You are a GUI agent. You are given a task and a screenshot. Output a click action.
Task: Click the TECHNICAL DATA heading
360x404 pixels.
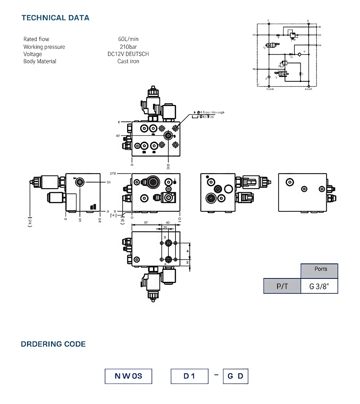[x=55, y=18]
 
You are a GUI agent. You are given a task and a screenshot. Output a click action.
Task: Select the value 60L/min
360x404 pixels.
[x=128, y=39]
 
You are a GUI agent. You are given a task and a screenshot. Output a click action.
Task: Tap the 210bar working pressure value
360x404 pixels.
[x=128, y=47]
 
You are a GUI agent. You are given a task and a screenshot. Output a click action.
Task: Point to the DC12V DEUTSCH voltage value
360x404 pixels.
[x=128, y=54]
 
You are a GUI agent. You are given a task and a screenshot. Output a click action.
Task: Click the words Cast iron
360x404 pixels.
[x=128, y=61]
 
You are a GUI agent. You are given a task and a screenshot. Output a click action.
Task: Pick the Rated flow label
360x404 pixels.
[x=36, y=39]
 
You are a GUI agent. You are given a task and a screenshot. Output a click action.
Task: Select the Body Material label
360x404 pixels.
[x=40, y=61]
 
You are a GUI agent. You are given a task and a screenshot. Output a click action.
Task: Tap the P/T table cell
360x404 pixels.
[x=282, y=286]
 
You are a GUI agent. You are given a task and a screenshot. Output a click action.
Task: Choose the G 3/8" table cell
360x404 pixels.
[x=319, y=286]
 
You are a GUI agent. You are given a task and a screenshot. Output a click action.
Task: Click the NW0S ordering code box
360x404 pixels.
[x=128, y=376]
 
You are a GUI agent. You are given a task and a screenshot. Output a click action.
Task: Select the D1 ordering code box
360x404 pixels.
[x=189, y=376]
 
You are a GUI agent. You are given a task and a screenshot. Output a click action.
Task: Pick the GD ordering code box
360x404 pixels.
[x=235, y=376]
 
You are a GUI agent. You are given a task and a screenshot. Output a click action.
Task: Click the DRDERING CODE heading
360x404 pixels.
[x=53, y=344]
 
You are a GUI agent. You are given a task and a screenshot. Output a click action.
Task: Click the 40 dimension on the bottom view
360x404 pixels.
[x=168, y=223]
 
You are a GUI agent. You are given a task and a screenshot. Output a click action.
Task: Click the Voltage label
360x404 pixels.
[x=33, y=54]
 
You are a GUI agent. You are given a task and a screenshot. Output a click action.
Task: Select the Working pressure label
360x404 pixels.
[x=44, y=47]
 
